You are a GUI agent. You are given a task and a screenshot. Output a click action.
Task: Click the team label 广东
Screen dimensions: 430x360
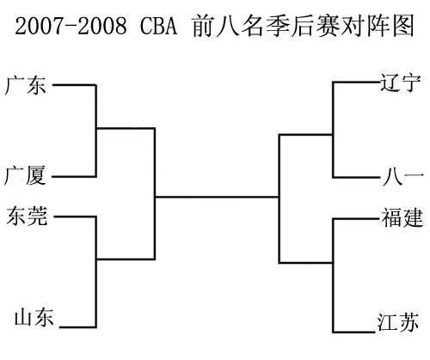25,85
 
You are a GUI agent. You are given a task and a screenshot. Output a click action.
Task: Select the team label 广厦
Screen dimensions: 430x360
25,175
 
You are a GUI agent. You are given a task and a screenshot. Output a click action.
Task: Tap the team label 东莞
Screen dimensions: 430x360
27,216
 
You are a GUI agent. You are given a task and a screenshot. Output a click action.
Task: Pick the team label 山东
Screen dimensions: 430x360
34,317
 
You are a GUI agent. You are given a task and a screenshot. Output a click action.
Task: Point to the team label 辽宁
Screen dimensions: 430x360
401,82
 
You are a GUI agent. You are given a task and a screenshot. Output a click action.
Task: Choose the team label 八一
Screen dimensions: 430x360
402,177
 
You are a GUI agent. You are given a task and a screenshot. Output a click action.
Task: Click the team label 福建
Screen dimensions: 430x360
402,217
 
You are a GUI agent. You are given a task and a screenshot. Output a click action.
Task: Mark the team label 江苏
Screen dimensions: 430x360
398,322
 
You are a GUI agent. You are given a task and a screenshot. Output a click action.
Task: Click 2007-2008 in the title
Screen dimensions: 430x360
71,26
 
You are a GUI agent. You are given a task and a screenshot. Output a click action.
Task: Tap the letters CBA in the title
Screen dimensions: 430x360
159,26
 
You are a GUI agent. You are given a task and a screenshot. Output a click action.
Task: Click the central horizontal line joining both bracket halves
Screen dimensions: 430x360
217,197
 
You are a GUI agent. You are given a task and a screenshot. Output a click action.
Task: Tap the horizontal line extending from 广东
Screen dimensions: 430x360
74,85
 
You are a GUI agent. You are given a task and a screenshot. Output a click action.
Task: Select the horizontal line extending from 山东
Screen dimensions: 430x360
77,326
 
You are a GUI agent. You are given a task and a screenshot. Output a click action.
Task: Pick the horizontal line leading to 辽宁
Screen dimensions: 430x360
356,82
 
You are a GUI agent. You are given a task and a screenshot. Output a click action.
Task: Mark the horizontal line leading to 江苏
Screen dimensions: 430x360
353,332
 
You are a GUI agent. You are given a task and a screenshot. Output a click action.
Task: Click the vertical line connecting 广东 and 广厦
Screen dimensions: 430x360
95,131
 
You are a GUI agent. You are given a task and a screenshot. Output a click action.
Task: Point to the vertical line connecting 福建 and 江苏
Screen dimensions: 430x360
333,276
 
